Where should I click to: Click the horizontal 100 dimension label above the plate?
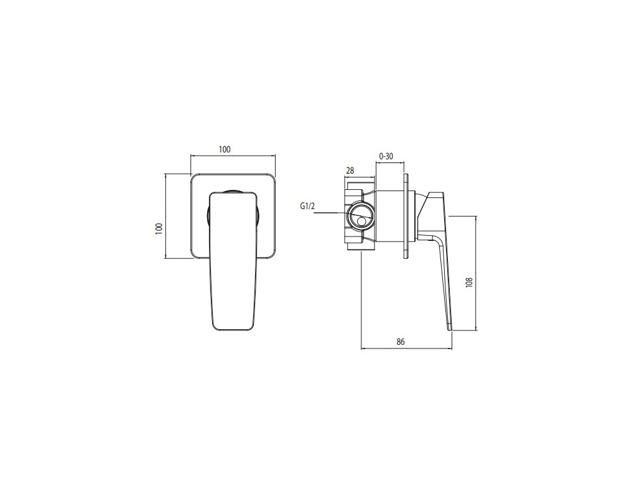[x=225, y=149]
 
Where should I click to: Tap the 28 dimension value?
[x=350, y=171]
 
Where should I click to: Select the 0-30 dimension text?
[x=386, y=156]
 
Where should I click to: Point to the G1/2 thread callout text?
[x=307, y=207]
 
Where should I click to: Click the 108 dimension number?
[x=470, y=283]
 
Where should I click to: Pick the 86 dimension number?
[x=401, y=342]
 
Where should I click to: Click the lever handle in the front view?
[x=234, y=260]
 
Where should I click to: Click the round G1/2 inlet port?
[x=359, y=216]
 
